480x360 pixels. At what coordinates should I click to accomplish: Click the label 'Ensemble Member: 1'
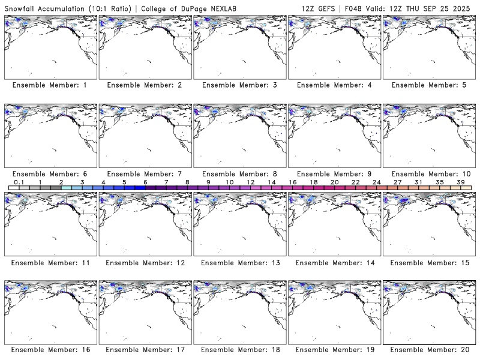tap(50, 85)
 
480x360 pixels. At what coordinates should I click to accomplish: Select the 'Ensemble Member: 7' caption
tap(145, 174)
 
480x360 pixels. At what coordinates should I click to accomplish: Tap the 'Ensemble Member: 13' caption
tap(239, 263)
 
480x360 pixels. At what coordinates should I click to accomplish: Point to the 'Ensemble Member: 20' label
tap(429, 349)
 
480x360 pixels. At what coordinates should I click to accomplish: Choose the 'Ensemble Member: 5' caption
tap(429, 85)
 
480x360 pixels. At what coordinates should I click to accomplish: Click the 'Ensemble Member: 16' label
tap(50, 349)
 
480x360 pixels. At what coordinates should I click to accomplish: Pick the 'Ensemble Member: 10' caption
tap(429, 174)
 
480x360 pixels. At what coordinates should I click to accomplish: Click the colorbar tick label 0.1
tap(19, 182)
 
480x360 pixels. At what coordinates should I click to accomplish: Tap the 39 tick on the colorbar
tap(460, 182)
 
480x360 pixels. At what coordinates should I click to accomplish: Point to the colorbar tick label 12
tap(250, 182)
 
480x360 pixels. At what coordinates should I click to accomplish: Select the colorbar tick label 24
tap(376, 182)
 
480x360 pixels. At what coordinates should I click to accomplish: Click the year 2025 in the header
tap(465, 7)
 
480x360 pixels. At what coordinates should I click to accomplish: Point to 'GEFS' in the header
tap(326, 7)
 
